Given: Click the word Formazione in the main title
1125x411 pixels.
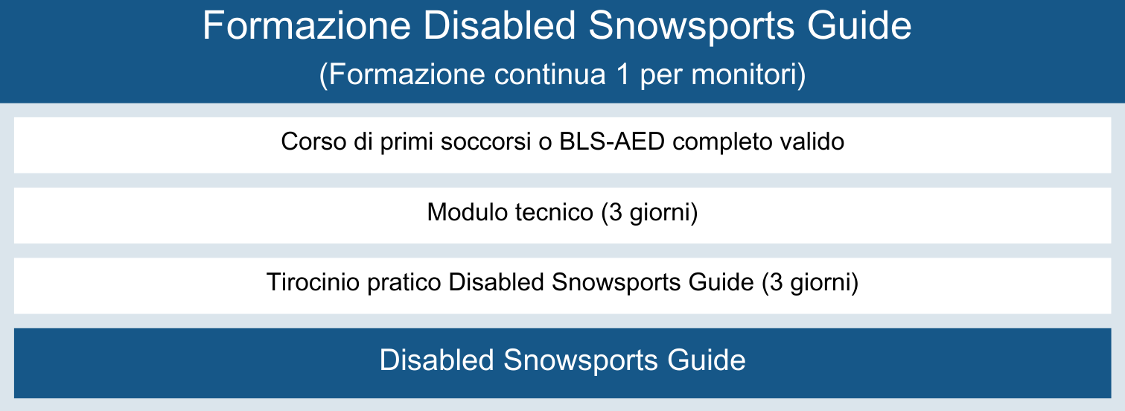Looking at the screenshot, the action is pyautogui.click(x=307, y=25).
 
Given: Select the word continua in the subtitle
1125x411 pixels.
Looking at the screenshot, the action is pyautogui.click(x=549, y=74).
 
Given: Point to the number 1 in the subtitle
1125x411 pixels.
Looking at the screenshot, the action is pyautogui.click(x=622, y=74).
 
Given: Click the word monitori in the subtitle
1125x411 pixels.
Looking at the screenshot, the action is pyautogui.click(x=744, y=74).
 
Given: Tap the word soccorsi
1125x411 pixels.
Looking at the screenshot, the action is pyautogui.click(x=485, y=141).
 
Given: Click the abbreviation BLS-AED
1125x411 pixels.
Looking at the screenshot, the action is pyautogui.click(x=612, y=141).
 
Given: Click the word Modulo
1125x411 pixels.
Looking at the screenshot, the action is pyautogui.click(x=468, y=211).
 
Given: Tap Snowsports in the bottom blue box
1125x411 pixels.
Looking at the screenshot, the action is pyautogui.click(x=581, y=361).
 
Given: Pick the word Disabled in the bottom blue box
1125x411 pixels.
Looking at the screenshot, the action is pyautogui.click(x=437, y=360).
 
